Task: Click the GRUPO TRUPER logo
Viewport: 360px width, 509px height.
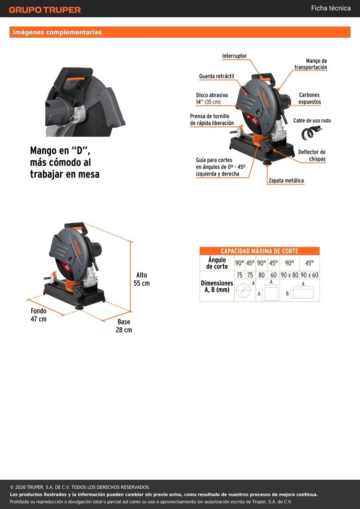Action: pyautogui.click(x=45, y=10)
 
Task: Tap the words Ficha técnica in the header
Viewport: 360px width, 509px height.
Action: pyautogui.click(x=331, y=8)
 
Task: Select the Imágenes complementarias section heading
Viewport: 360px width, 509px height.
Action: pyautogui.click(x=57, y=32)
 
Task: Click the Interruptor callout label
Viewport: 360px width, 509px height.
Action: pyautogui.click(x=234, y=56)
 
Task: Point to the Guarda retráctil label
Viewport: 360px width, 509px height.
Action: pyautogui.click(x=216, y=76)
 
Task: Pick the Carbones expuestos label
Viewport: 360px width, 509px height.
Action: pyautogui.click(x=310, y=98)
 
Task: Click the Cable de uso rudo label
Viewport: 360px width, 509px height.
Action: pyautogui.click(x=312, y=120)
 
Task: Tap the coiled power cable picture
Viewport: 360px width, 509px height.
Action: pyautogui.click(x=311, y=133)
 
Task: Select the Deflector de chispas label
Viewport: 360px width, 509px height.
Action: pyautogui.click(x=312, y=156)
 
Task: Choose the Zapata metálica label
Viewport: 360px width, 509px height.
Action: pyautogui.click(x=286, y=181)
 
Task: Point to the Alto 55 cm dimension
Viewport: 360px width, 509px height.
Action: pyautogui.click(x=142, y=279)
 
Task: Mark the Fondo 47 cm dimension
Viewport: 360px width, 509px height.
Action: pyautogui.click(x=39, y=315)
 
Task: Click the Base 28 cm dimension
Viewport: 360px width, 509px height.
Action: pyautogui.click(x=124, y=326)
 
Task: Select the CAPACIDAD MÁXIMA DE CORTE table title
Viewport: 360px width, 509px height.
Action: pyautogui.click(x=260, y=251)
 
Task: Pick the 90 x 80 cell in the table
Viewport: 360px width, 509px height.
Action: pyautogui.click(x=289, y=275)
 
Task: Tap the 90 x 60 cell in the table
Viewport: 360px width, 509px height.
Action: pyautogui.click(x=309, y=275)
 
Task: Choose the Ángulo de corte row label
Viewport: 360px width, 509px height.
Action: pyautogui.click(x=217, y=263)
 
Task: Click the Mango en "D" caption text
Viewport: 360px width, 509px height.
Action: pyautogui.click(x=65, y=163)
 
